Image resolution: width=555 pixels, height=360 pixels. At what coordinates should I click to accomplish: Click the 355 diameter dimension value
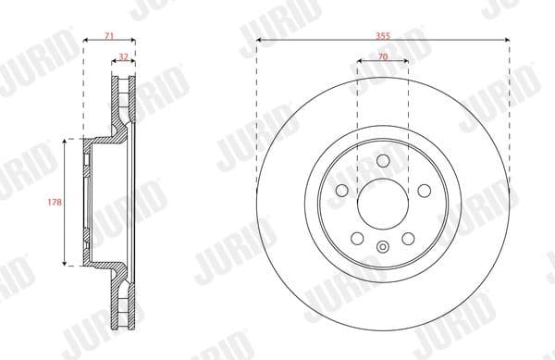(382, 34)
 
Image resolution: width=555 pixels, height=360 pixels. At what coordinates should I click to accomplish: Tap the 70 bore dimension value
(382, 57)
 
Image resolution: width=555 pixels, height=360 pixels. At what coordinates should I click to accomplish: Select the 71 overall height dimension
(108, 34)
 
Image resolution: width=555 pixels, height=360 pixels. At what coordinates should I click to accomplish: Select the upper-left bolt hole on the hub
(341, 190)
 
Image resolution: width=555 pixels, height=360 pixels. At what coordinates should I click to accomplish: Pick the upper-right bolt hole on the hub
(424, 190)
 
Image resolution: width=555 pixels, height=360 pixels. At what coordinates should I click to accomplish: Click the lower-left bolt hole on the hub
(357, 239)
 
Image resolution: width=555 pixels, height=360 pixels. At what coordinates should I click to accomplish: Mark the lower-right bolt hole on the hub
(408, 239)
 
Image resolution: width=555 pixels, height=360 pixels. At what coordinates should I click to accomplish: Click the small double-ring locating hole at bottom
(382, 246)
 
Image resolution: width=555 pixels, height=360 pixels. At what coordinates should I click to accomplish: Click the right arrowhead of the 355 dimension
(509, 40)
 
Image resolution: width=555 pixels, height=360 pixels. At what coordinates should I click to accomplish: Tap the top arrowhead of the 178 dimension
(65, 141)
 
